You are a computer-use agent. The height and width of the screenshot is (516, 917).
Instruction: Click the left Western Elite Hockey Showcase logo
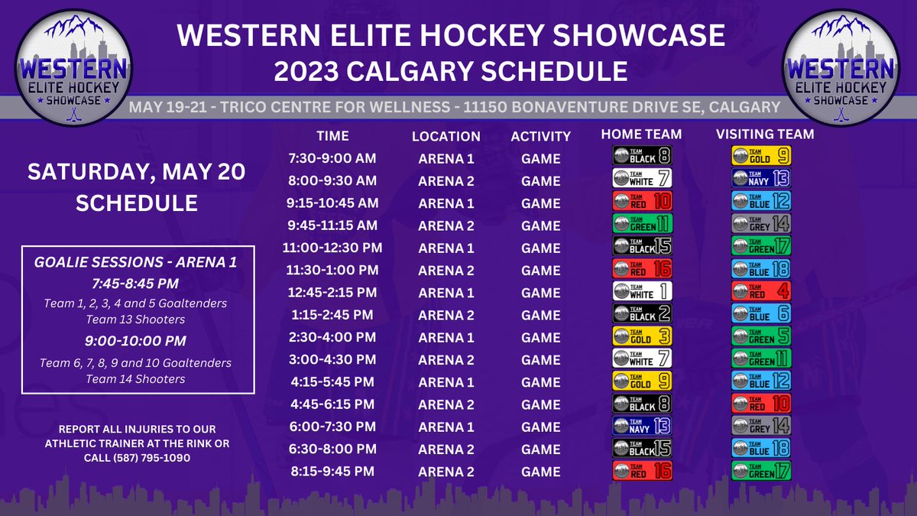pyautogui.click(x=74, y=73)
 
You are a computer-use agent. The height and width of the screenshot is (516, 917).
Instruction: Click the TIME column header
pyautogui.click(x=332, y=136)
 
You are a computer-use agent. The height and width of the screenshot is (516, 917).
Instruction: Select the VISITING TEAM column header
pyautogui.click(x=764, y=134)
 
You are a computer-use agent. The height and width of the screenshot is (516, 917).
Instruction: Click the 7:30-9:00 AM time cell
pyautogui.click(x=332, y=158)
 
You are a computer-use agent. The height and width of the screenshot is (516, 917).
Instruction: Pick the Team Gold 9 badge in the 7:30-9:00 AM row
pyautogui.click(x=760, y=157)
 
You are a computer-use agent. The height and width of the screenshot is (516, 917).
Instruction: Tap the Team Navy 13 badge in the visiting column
pyautogui.click(x=760, y=179)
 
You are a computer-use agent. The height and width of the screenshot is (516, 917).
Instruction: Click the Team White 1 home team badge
pyautogui.click(x=643, y=291)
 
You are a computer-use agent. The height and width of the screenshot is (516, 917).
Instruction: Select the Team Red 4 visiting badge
pyautogui.click(x=760, y=291)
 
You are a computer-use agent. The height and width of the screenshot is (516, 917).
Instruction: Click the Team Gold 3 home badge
pyautogui.click(x=643, y=336)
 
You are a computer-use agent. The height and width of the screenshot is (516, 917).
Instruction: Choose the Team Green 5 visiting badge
pyautogui.click(x=760, y=336)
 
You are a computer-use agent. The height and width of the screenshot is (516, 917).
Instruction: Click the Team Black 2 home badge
pyautogui.click(x=643, y=313)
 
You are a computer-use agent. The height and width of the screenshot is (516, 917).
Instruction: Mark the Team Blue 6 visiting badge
pyautogui.click(x=760, y=313)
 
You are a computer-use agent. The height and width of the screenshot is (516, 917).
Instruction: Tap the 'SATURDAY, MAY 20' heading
pyautogui.click(x=136, y=173)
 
